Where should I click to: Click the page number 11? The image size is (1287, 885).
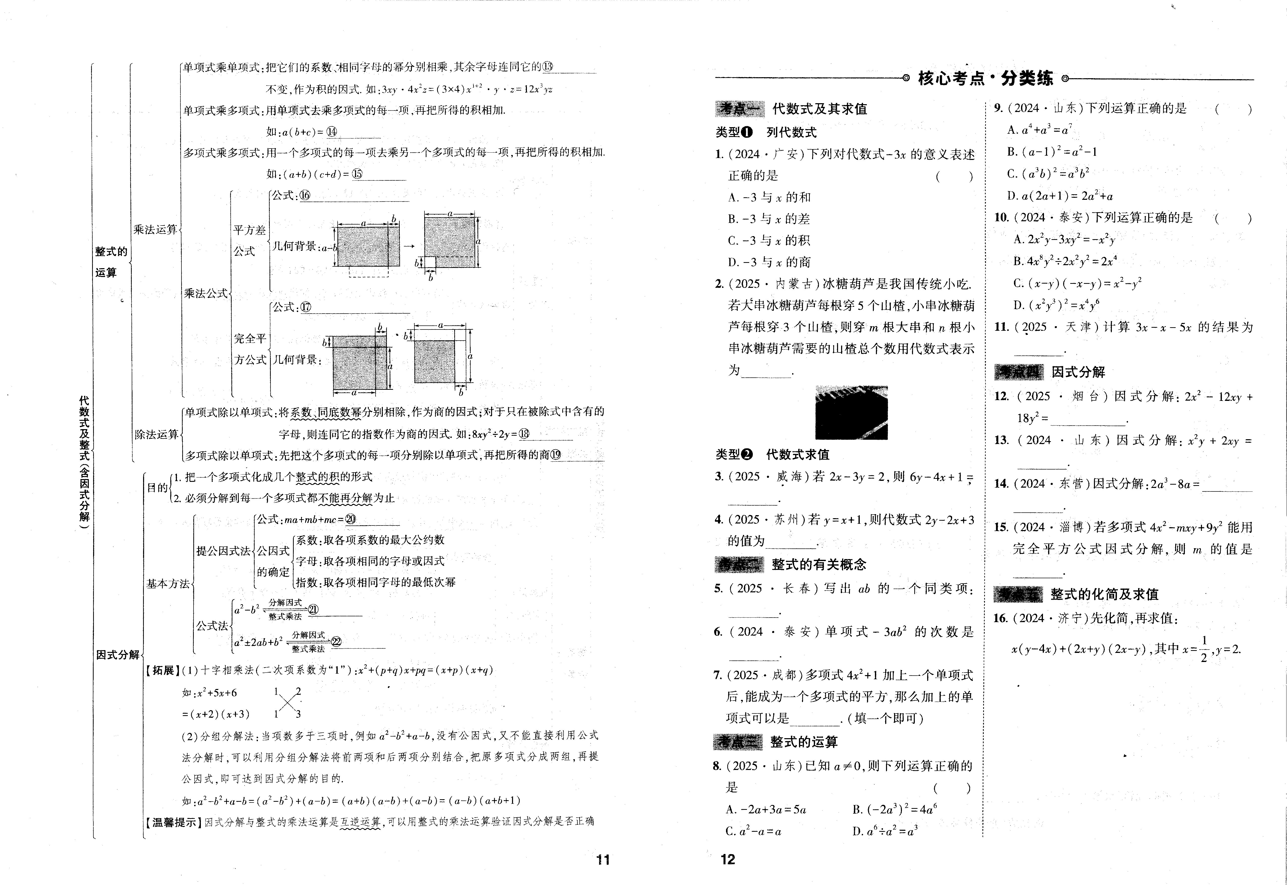603,860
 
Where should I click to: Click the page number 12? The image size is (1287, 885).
728,859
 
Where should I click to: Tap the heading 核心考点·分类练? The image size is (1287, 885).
985,78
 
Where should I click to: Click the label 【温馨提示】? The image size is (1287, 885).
174,822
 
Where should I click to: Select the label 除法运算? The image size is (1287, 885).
156,434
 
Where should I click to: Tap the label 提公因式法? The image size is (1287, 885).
223,551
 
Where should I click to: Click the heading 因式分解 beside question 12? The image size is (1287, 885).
1078,372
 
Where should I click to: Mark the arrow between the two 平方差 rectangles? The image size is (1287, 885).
409,246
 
